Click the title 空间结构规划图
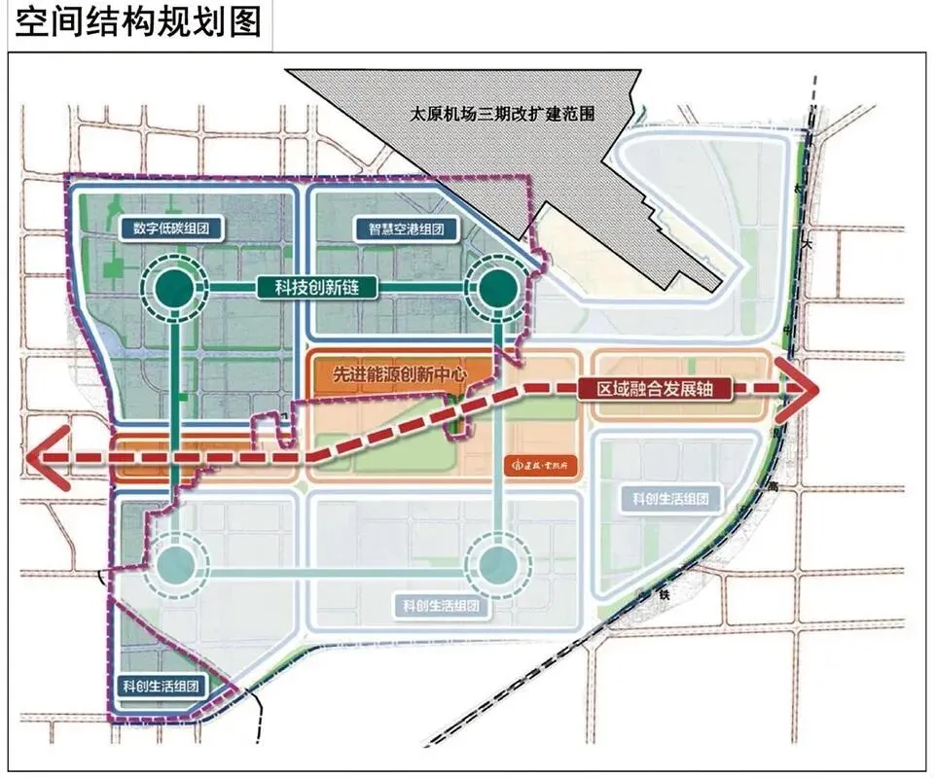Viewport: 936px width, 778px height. click(139, 21)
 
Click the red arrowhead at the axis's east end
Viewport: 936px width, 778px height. click(801, 389)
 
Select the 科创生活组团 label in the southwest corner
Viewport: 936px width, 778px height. click(161, 686)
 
